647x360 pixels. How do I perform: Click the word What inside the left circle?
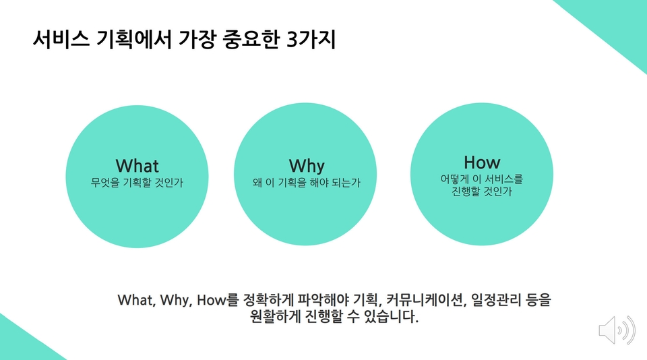point(137,166)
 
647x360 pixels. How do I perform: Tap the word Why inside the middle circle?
point(307,167)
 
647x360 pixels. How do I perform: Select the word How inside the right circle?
point(482,162)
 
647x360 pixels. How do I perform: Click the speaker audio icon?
point(617,330)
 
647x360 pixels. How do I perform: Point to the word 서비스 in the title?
point(61,40)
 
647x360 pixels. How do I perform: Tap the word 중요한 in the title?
point(251,40)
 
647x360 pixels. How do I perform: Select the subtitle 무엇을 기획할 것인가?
point(137,183)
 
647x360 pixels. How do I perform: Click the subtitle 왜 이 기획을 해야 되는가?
point(307,183)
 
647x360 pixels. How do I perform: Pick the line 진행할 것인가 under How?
point(481,191)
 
